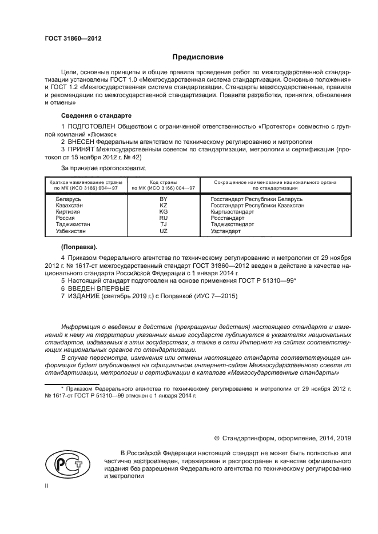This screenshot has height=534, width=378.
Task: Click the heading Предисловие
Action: click(x=198, y=57)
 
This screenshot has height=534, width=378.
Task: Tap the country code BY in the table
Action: click(x=164, y=199)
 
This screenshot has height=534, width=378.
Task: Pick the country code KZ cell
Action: click(x=164, y=205)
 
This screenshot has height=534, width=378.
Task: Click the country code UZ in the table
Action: click(x=164, y=231)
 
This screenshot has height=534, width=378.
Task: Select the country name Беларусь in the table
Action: click(x=68, y=199)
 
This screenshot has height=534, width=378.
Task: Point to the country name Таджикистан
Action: click(x=73, y=224)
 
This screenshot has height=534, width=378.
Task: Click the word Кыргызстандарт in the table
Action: click(x=232, y=211)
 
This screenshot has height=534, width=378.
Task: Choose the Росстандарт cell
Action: click(x=227, y=218)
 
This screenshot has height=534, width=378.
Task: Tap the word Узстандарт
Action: click(x=226, y=231)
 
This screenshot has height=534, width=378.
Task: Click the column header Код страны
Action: click(x=164, y=182)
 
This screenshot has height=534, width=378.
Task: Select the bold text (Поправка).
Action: click(x=79, y=247)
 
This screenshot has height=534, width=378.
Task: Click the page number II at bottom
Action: click(x=47, y=485)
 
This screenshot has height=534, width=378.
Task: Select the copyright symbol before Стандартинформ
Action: click(x=217, y=438)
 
